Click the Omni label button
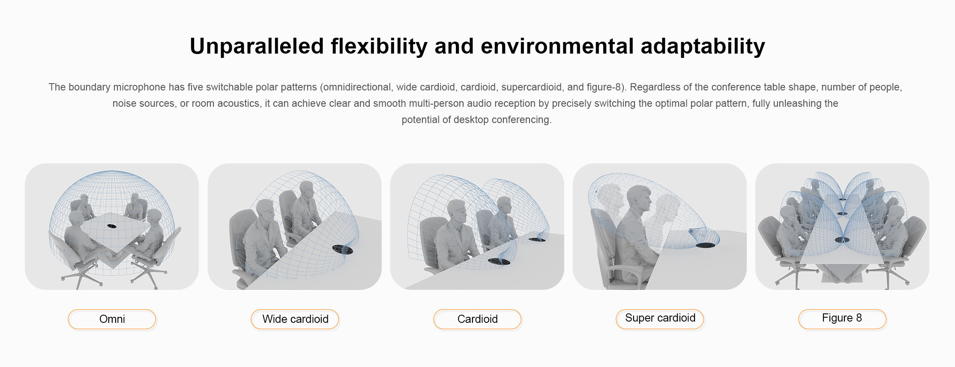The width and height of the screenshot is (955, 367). click(x=112, y=319)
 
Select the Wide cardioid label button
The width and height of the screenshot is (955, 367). click(x=295, y=319)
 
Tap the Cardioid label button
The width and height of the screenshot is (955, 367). click(x=477, y=319)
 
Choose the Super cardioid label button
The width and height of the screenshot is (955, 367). click(x=660, y=319)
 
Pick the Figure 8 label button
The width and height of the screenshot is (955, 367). click(x=842, y=319)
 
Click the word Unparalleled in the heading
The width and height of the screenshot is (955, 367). click(x=257, y=46)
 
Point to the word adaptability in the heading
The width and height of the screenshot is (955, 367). click(x=703, y=46)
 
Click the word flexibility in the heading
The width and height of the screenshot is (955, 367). click(x=379, y=46)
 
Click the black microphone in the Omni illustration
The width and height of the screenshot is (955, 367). click(x=111, y=226)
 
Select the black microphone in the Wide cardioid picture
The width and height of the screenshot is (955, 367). click(x=342, y=249)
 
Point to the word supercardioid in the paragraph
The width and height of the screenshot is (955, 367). click(x=531, y=87)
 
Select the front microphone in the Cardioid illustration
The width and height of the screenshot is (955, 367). click(x=499, y=261)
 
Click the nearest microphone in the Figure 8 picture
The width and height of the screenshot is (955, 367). click(x=842, y=240)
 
